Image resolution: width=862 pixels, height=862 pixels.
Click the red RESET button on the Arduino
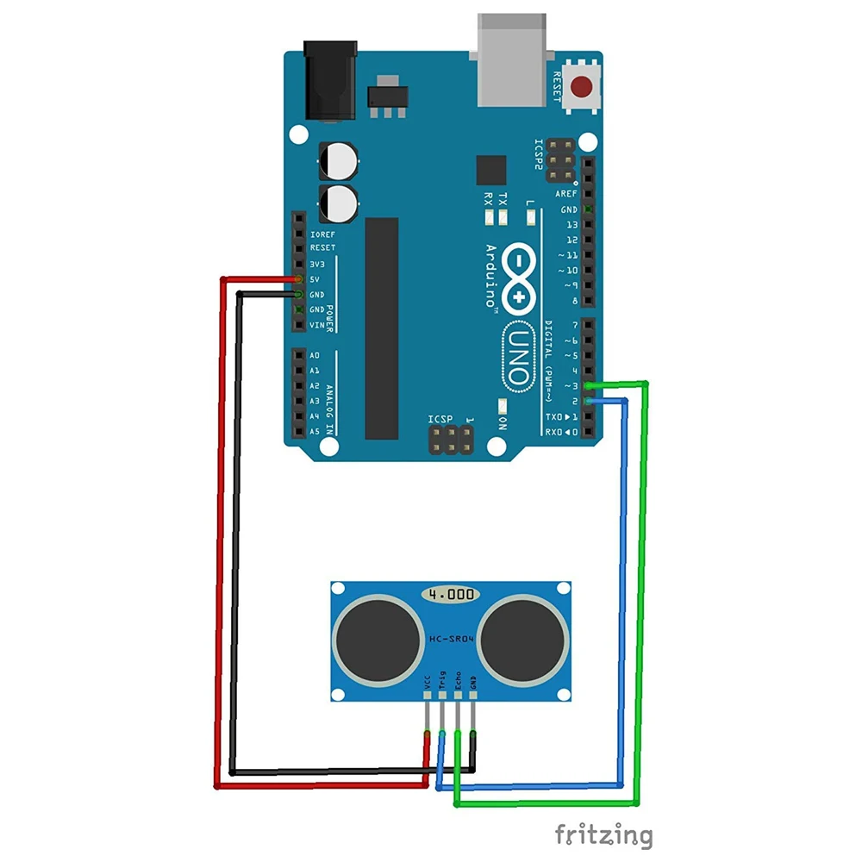[584, 87]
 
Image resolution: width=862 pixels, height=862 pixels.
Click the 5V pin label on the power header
[315, 278]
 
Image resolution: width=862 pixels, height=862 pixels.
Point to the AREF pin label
[566, 194]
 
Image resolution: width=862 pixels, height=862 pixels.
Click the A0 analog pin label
[315, 355]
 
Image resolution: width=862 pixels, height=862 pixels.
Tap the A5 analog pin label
[315, 431]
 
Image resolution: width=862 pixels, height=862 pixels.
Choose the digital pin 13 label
[572, 224]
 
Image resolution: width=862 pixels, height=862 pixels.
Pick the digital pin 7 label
[572, 325]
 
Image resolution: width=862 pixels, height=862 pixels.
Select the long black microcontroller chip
[381, 328]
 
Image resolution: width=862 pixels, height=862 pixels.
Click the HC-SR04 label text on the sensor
[450, 639]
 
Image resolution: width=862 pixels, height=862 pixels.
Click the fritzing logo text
[603, 834]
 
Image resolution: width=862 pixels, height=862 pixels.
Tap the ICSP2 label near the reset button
[540, 154]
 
